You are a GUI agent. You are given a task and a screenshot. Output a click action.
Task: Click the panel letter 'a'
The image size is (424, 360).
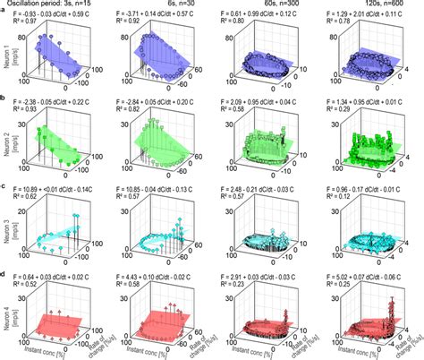pyautogui.click(x=4, y=13)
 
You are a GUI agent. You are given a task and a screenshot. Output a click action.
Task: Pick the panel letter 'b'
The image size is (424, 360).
pyautogui.click(x=4, y=99)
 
